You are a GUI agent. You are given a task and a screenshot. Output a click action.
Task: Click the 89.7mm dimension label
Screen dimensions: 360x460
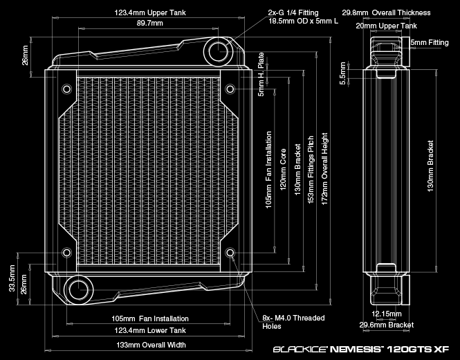(150, 24)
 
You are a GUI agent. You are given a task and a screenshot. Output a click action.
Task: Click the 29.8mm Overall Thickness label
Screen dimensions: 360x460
(387, 12)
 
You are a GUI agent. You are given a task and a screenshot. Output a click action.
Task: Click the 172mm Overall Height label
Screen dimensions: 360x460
(324, 167)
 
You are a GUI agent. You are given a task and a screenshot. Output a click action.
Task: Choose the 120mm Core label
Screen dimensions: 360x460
(282, 165)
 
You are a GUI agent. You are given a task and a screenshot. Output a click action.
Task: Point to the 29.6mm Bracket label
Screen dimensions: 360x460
(387, 325)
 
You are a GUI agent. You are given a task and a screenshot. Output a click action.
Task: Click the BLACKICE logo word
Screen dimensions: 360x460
(298, 350)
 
